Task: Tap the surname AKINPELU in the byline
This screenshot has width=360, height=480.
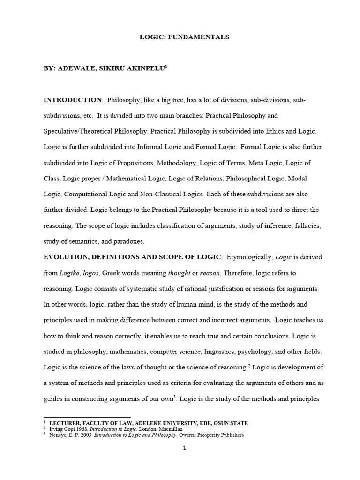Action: pos(142,68)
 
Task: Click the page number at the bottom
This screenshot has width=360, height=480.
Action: pos(184,448)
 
